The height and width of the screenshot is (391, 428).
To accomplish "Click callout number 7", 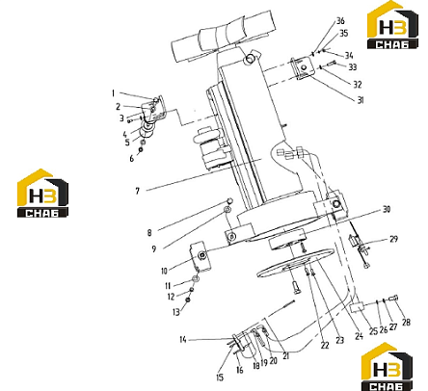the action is pyautogui.click(x=138, y=191).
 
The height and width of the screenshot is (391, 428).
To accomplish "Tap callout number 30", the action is pyautogui.click(x=387, y=210).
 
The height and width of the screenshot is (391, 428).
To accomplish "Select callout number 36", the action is pyautogui.click(x=340, y=21).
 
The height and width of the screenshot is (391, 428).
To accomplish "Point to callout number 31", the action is pyautogui.click(x=361, y=100).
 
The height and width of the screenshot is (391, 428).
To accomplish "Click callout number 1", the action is pyautogui.click(x=113, y=93).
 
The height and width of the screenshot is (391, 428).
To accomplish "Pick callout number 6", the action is pyautogui.click(x=132, y=159).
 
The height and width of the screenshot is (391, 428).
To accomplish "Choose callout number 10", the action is pyautogui.click(x=164, y=271).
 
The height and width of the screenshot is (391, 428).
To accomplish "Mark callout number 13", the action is pyautogui.click(x=176, y=312).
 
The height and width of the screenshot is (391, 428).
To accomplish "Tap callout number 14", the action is pyautogui.click(x=183, y=339).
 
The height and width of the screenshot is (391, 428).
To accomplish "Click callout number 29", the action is pyautogui.click(x=393, y=239).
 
